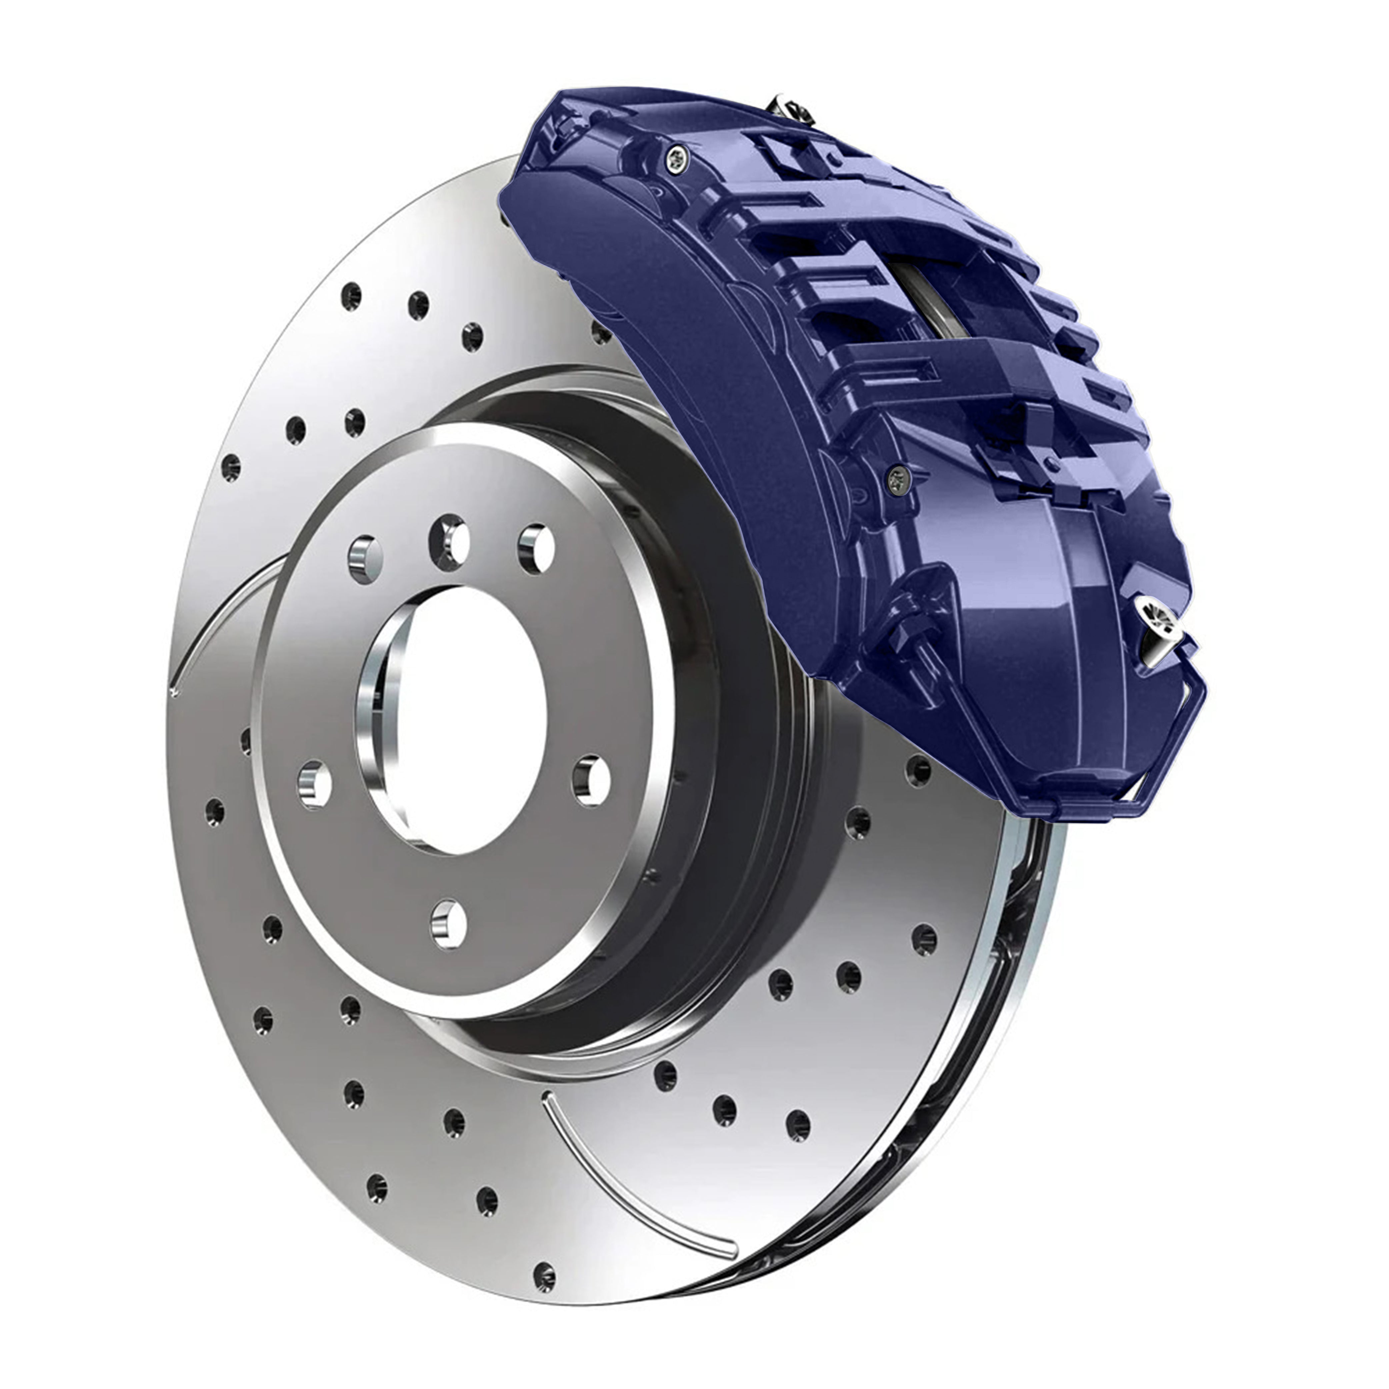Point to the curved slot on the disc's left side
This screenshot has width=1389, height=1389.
coord(216,618)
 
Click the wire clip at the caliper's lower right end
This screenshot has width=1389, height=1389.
coord(1179,741)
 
